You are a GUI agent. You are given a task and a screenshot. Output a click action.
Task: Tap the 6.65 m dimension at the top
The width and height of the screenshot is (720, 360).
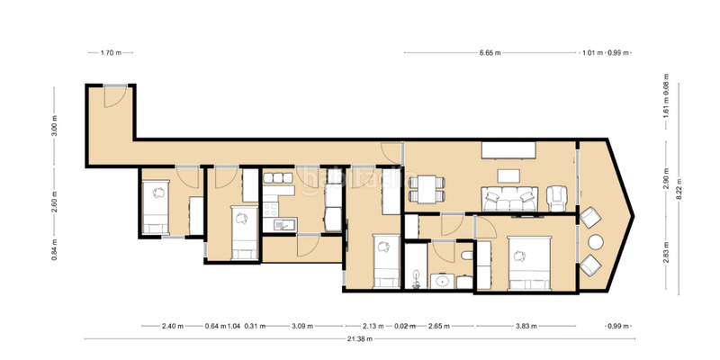point(491,53)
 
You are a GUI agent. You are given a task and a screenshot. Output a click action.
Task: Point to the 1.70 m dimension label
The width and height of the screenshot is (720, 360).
point(112,53)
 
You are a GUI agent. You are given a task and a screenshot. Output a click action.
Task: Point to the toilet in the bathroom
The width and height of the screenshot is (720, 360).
point(463,260)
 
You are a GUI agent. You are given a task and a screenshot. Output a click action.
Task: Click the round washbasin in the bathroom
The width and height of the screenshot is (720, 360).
point(442,281)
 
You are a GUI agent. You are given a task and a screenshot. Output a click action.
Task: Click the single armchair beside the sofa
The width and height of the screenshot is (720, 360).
point(558,195)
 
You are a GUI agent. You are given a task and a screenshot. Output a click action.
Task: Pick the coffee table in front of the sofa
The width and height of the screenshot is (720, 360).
point(510,175)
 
